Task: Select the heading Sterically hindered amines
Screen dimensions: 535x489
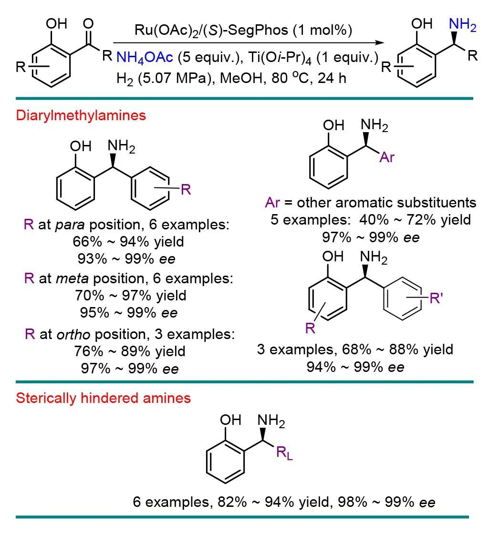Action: point(103,398)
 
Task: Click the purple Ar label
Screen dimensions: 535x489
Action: point(387,157)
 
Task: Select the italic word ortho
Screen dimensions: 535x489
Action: point(72,334)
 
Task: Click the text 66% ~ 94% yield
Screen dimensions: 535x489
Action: point(128,242)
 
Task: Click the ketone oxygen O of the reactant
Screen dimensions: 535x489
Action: point(88,24)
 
